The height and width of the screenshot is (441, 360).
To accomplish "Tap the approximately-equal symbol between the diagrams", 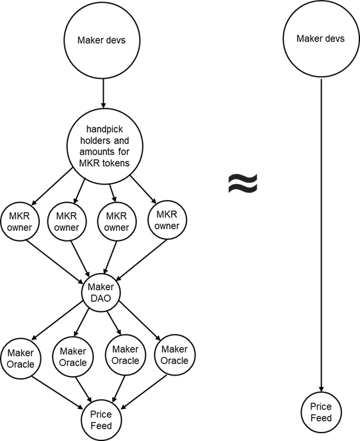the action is tap(243, 183).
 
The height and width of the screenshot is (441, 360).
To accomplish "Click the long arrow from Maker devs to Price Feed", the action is tap(321, 235).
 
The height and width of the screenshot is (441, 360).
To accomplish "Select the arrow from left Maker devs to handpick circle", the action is tap(103, 94).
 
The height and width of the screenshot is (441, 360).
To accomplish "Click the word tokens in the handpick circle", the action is tap(116, 163).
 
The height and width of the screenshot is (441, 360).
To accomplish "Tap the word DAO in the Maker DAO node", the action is tap(101, 298).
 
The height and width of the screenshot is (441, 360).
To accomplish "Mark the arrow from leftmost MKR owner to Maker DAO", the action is tap(55, 260).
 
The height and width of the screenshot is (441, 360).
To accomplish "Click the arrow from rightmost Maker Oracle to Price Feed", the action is tap(143, 392).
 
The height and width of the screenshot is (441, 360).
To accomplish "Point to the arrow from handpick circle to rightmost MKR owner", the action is tap(143, 189).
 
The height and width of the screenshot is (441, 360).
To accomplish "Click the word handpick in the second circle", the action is tap(104, 129).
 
